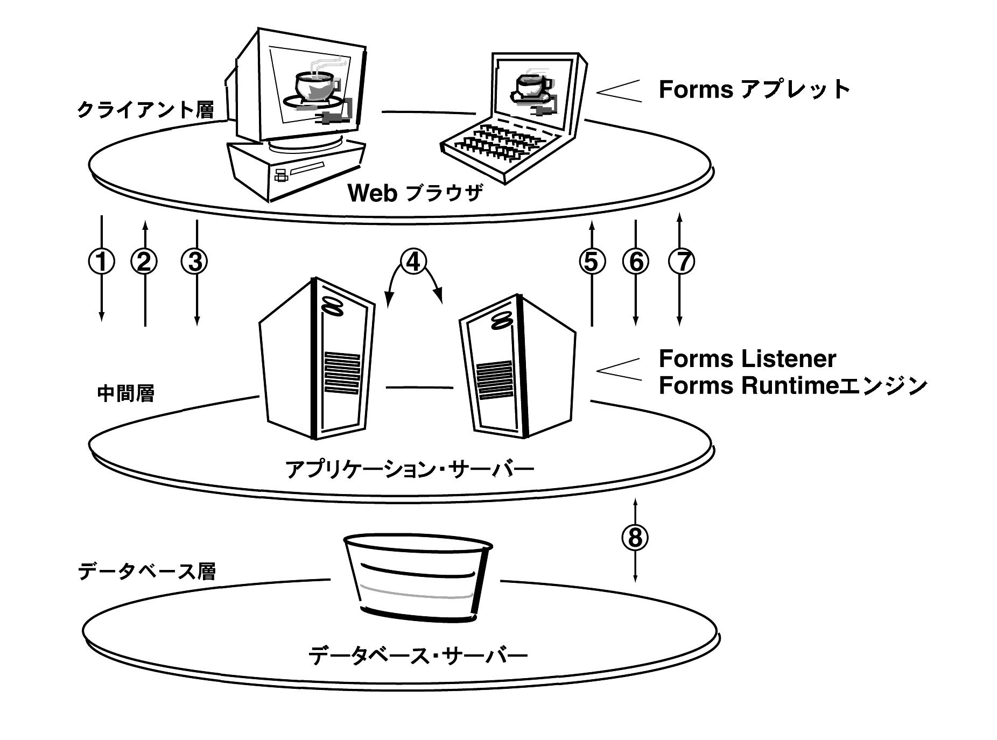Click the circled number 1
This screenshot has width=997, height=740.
coord(101,262)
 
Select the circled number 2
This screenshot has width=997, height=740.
coord(144,262)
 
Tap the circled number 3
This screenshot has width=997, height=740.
coord(195,262)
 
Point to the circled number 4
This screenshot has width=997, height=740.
coord(413,262)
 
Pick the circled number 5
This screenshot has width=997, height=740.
coord(592,262)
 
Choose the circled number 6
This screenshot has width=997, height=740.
coord(636,262)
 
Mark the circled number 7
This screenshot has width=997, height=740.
coord(681,262)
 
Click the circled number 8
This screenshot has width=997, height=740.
coord(635,537)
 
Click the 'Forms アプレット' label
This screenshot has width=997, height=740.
coord(754,89)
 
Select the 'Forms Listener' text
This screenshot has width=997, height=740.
coord(747,359)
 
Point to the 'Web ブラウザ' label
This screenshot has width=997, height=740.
coord(415,193)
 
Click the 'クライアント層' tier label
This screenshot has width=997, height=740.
coord(145,110)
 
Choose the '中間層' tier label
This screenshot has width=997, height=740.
coord(125,393)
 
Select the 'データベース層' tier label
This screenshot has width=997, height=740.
coord(146,570)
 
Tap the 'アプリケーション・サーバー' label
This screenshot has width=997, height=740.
coord(409,469)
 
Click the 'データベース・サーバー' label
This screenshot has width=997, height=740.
coord(418,656)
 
